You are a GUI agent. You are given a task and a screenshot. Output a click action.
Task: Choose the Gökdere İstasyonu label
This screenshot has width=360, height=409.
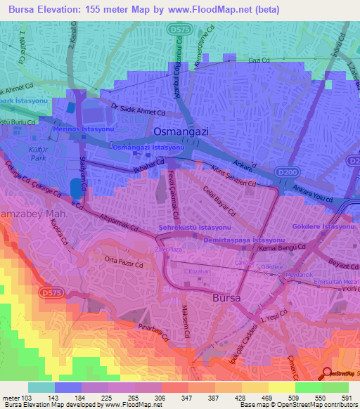pyautogui.click(x=322, y=228)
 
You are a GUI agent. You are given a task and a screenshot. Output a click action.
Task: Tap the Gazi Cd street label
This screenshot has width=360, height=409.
pyautogui.click(x=259, y=60)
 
